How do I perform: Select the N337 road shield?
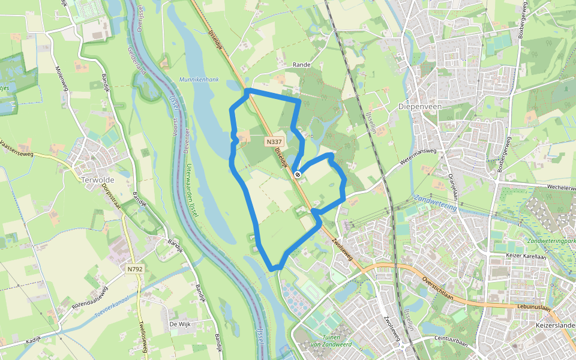[x=274, y=142]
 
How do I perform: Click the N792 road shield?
[x=135, y=269]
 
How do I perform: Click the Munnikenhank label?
[x=199, y=79]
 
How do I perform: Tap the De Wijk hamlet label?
[x=180, y=324]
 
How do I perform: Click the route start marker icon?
[x=298, y=175]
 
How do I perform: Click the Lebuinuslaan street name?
[x=532, y=307]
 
